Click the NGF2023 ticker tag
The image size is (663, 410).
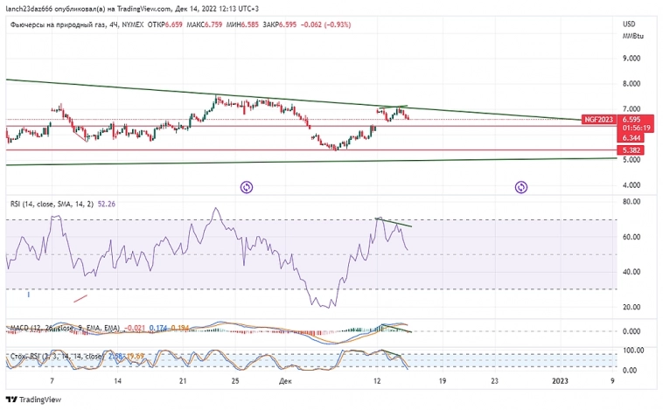tap(599, 119)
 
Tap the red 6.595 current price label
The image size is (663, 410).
tap(632, 119)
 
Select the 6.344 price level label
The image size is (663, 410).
tap(632, 138)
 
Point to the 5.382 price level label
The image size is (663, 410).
tap(632, 150)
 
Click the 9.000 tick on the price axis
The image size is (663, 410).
tap(631, 59)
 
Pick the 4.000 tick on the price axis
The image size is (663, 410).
tap(631, 185)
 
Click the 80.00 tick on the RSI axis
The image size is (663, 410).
tap(632, 202)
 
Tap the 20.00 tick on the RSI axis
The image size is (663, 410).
tap(632, 307)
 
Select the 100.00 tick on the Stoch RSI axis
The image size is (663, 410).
tap(633, 350)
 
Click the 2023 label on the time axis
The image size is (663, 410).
tap(561, 382)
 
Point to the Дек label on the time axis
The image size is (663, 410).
tap(285, 382)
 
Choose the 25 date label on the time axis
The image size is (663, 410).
tap(235, 382)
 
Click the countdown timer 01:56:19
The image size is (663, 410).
tap(632, 129)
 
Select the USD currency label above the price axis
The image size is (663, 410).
tap(628, 24)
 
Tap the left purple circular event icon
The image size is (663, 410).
tap(247, 186)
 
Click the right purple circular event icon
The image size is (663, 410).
tap(520, 186)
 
